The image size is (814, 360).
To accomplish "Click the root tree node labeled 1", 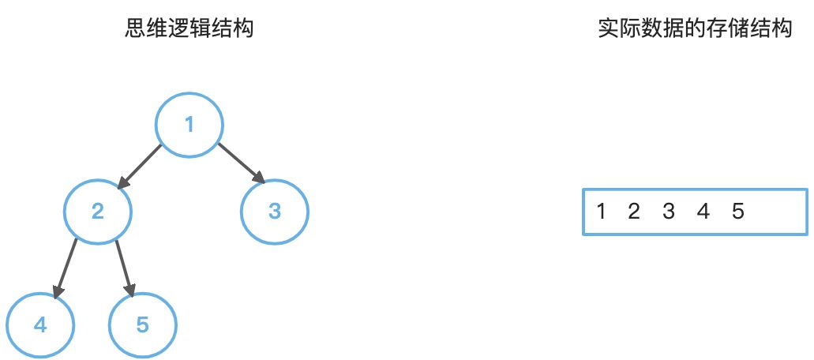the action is [x=189, y=125].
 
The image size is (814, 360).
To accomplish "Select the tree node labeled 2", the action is [x=98, y=212].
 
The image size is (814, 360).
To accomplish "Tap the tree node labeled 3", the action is [x=275, y=212].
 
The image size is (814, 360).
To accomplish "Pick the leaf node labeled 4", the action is [x=40, y=325].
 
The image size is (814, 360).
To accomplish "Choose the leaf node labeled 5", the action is [x=143, y=325].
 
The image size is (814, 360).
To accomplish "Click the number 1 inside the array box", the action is [x=602, y=212].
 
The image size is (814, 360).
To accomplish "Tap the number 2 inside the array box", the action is [x=633, y=212].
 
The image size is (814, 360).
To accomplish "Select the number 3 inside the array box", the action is [x=669, y=212].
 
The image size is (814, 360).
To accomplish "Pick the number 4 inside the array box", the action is [x=703, y=212].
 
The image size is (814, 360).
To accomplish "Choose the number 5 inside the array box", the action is [x=738, y=212].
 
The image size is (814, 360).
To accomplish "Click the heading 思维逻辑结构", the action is [x=189, y=30].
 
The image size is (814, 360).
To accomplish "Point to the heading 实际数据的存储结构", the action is [x=695, y=30].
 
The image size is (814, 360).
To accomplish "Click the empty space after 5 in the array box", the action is [x=778, y=212].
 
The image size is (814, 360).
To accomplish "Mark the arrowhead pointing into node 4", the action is [x=55, y=291].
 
